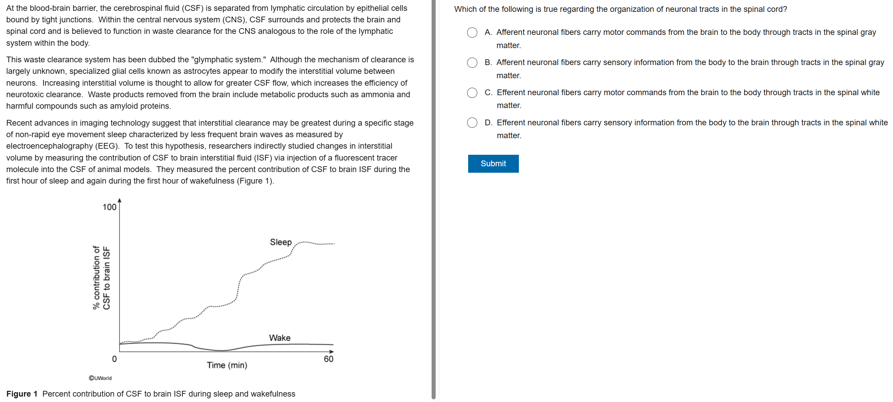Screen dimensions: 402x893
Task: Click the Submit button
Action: (x=493, y=164)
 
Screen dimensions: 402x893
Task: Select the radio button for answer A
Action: (x=472, y=33)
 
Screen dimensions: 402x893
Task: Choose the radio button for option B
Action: (x=472, y=63)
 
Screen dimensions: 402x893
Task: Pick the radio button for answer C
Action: (x=472, y=93)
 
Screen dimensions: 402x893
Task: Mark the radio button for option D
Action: (x=472, y=123)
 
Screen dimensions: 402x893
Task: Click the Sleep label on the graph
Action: (x=280, y=242)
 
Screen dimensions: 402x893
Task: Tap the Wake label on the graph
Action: (x=279, y=338)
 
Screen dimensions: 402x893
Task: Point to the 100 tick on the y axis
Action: (x=109, y=207)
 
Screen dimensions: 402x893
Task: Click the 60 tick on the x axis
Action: (x=328, y=359)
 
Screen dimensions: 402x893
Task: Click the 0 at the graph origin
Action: (x=114, y=359)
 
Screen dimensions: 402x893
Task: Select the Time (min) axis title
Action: (x=227, y=365)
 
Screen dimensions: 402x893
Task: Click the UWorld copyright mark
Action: (x=100, y=378)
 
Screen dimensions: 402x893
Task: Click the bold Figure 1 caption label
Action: (x=22, y=394)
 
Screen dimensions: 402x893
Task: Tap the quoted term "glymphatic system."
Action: (x=228, y=60)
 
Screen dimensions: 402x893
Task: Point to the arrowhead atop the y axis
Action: (x=120, y=200)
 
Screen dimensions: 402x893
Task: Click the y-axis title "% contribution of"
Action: (x=96, y=277)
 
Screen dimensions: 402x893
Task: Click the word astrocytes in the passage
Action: (x=174, y=71)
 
